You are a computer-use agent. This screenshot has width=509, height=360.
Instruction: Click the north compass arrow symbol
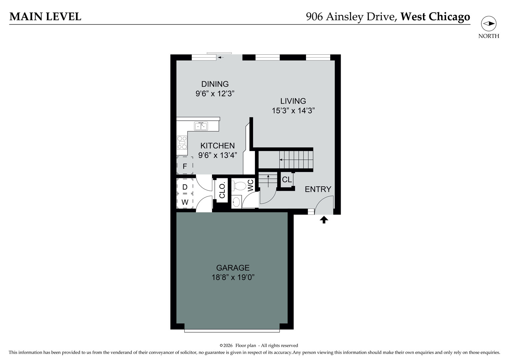(x=489, y=24)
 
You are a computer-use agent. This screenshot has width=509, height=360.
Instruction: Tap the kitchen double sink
(x=201, y=126)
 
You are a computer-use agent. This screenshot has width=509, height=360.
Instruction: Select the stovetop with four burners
(x=182, y=143)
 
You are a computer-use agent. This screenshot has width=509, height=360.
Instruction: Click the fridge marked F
(x=185, y=165)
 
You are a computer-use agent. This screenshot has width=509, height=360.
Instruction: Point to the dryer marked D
(x=185, y=186)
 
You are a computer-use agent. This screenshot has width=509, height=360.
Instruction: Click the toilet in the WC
(x=239, y=186)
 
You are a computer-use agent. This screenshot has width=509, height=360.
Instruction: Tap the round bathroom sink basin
(x=236, y=202)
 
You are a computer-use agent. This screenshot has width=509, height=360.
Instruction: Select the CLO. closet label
(x=222, y=190)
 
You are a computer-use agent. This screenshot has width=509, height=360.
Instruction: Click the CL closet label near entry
(x=287, y=180)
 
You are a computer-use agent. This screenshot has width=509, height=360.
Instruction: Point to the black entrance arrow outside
(x=324, y=220)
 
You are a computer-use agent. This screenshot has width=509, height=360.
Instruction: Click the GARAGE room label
(x=233, y=268)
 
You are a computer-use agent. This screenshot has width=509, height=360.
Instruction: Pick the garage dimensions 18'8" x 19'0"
(x=233, y=277)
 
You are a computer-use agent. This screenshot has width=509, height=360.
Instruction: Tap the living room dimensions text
(x=293, y=111)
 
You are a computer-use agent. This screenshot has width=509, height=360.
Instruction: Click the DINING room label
(x=215, y=84)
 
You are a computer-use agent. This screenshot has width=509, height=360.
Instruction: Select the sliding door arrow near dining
(x=221, y=57)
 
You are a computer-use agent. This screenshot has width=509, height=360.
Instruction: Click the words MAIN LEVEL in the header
(x=45, y=17)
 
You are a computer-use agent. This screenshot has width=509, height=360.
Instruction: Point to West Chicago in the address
(x=435, y=17)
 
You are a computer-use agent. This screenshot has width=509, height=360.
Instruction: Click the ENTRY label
(x=318, y=189)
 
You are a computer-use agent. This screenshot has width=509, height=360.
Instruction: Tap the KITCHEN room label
(x=217, y=145)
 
